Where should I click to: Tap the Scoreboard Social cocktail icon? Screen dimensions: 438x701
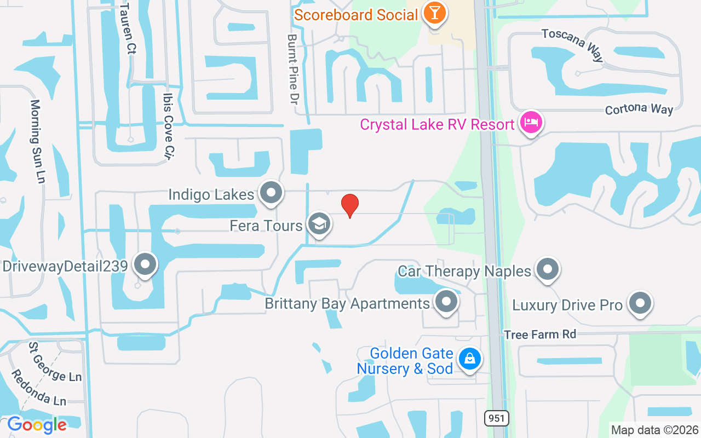tap(435, 13)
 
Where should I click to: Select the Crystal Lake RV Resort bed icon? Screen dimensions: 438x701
tap(531, 123)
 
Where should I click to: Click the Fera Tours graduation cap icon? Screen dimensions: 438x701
tap(318, 224)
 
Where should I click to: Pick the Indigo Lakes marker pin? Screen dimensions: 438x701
tap(271, 193)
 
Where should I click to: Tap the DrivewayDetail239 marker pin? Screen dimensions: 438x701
tap(145, 265)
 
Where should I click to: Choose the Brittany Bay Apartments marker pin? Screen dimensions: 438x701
tap(446, 302)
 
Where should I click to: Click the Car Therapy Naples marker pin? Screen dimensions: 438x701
tap(547, 269)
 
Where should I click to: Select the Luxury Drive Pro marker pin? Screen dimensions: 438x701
tap(640, 303)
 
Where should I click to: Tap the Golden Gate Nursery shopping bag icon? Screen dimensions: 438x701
tap(469, 360)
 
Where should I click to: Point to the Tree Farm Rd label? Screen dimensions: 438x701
tap(540, 334)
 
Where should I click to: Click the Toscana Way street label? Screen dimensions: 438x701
tap(572, 44)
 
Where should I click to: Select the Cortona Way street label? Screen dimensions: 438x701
tap(639, 109)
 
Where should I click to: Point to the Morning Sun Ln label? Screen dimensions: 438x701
tap(37, 141)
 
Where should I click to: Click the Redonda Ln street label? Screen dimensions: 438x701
tap(38, 388)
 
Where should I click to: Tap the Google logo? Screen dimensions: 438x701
tap(37, 425)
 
